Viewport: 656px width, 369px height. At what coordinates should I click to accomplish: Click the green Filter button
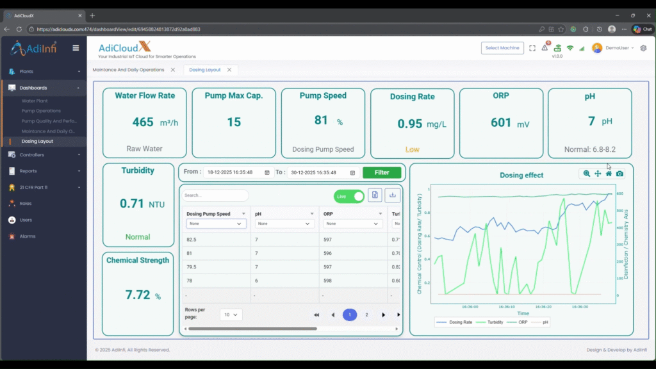point(382,172)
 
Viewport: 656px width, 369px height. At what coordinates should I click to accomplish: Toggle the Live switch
point(349,196)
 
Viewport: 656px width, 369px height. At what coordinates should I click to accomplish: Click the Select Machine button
point(502,48)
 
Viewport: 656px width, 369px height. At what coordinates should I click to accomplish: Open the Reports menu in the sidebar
point(28,171)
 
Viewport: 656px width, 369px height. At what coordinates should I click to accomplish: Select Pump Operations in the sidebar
point(41,111)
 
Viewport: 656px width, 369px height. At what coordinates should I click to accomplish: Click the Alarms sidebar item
point(28,236)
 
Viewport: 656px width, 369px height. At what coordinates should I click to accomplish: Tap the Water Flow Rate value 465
point(143,122)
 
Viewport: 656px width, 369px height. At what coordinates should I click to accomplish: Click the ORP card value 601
point(501,122)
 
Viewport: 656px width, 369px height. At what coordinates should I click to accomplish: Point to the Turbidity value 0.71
point(131,204)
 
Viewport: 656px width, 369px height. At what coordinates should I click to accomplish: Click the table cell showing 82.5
point(192,239)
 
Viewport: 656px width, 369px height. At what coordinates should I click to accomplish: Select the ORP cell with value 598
point(328,281)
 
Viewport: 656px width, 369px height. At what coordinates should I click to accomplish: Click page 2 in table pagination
point(366,315)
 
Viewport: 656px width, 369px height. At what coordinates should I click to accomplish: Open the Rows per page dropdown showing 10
point(231,315)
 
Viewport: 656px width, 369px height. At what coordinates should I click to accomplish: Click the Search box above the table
point(215,195)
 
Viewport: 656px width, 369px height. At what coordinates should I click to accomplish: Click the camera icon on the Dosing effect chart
point(619,174)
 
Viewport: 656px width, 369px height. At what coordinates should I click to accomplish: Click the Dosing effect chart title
point(521,175)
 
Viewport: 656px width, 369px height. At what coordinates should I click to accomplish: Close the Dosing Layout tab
point(229,70)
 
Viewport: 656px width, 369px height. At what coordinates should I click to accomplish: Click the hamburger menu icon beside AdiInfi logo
point(76,48)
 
